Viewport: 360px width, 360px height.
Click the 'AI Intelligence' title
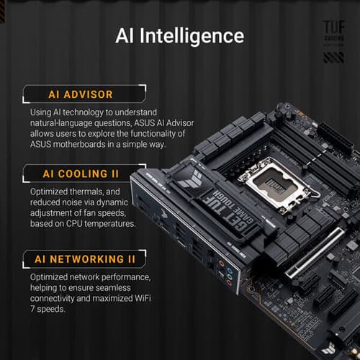(179, 36)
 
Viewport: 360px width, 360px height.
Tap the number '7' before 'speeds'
(33, 310)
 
